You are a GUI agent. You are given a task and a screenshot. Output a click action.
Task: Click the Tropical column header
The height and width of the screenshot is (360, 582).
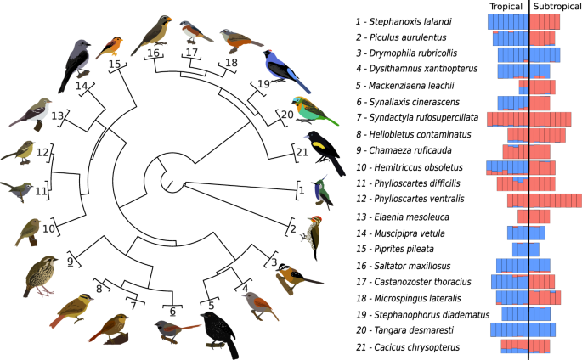[x=506, y=7]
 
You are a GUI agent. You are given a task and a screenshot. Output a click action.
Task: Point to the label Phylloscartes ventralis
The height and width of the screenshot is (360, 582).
[x=416, y=200]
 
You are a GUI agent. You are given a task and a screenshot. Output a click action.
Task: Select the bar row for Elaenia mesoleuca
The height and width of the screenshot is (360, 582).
[x=533, y=216]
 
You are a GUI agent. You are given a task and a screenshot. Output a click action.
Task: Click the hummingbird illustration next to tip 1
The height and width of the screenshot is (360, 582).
[x=321, y=194]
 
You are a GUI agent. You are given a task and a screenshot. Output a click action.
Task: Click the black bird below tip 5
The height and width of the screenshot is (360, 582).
[x=218, y=329]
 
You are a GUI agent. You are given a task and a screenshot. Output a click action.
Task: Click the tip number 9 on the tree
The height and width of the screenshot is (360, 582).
[x=72, y=261]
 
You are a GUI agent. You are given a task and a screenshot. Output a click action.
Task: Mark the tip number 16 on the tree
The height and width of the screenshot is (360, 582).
[x=153, y=53]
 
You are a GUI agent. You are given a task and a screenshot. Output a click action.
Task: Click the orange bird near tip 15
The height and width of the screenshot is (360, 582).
[x=112, y=45]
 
